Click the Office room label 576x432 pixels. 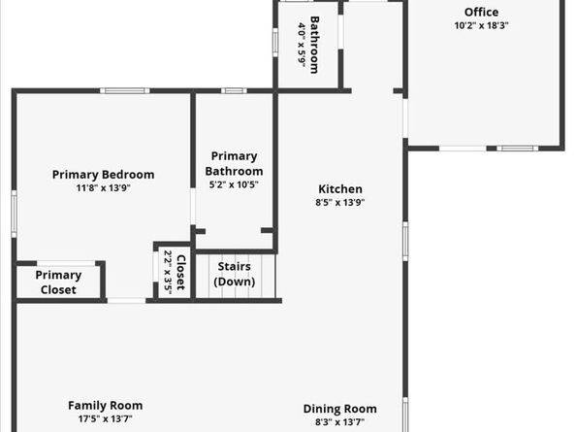pos(481,12)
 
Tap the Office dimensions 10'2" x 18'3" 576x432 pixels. pos(481,25)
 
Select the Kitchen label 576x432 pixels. pos(340,189)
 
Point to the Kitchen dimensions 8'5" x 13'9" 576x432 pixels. pos(340,202)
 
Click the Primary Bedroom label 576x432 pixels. pos(103,175)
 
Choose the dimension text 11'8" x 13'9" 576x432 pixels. pos(103,188)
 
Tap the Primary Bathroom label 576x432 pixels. pos(234,164)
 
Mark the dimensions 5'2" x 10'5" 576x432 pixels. pos(234,184)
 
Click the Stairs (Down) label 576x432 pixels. pos(235,274)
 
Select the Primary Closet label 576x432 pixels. pos(58,282)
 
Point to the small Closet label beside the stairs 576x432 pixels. pos(180,273)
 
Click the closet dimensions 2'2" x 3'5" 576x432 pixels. pos(168,273)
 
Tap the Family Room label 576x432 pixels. pos(106,406)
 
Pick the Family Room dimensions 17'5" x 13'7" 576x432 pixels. pos(106,418)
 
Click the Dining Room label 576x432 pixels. pos(339,409)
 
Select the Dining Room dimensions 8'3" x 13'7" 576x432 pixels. pos(339,421)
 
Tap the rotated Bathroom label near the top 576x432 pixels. pos(314,45)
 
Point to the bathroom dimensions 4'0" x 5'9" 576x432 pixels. pos(302,45)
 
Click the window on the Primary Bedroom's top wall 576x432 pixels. pos(125,91)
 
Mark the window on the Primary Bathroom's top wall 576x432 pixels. pos(234,91)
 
